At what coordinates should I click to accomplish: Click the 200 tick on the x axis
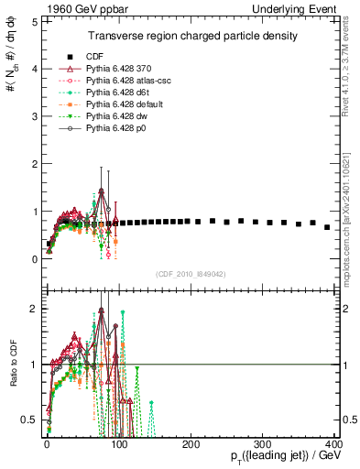[191, 444]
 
